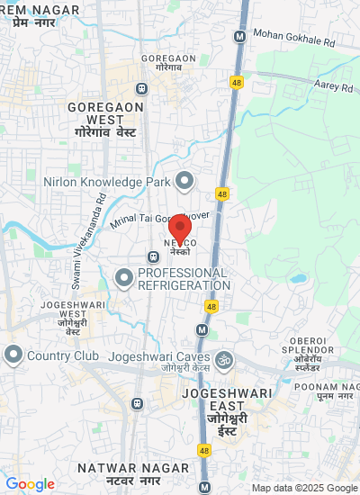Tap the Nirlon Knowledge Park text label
[x=107, y=182]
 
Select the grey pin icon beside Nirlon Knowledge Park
[x=184, y=182]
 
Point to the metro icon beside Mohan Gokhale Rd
[x=239, y=37]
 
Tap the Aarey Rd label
[x=334, y=87]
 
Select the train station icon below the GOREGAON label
[x=141, y=88]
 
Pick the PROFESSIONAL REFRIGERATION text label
[x=184, y=278]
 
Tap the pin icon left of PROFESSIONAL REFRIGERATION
[x=124, y=278]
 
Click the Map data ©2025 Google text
[x=304, y=488]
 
